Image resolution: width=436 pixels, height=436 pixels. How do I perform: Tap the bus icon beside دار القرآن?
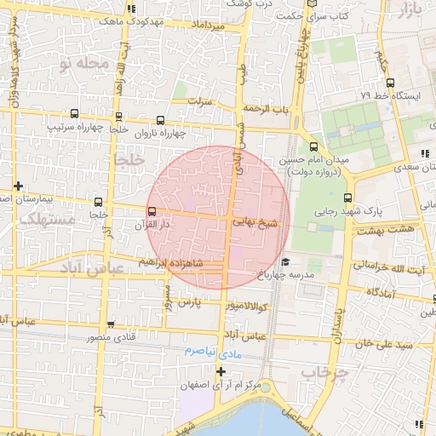152,212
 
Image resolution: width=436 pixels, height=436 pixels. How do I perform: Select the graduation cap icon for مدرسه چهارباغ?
286,261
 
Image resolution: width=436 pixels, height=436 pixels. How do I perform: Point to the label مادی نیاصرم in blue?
213,351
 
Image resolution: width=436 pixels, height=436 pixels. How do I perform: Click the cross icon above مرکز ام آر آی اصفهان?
221,371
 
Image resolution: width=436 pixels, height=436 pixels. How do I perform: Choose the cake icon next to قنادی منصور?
112,324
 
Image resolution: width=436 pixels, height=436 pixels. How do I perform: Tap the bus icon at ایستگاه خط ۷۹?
389,83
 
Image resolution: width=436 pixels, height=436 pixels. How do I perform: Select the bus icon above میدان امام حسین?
313,146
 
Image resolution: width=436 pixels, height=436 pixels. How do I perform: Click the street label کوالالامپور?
246,305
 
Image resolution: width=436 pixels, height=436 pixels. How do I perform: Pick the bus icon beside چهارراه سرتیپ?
74,113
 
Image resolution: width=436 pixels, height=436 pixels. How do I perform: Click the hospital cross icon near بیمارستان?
18,186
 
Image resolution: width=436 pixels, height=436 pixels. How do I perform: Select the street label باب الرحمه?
266,109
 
